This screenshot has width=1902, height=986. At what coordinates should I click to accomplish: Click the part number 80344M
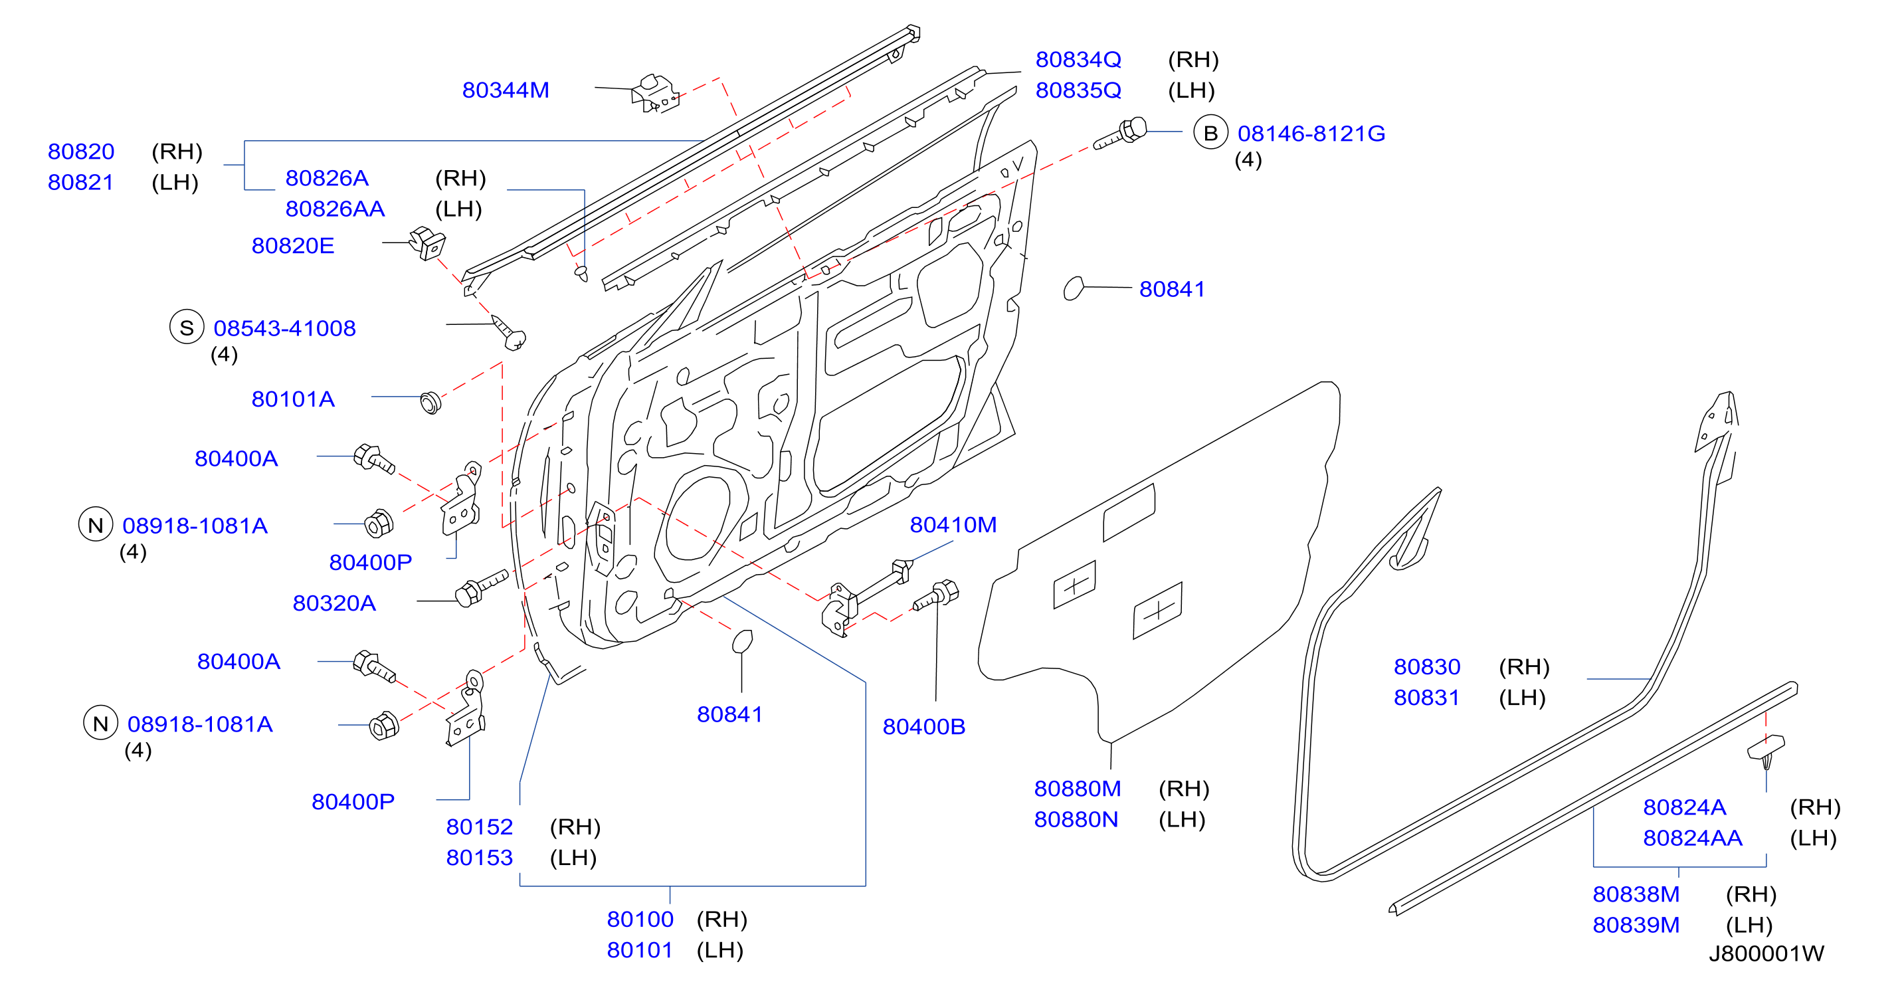pos(506,90)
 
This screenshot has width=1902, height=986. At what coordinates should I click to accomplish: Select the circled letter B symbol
pos(1210,133)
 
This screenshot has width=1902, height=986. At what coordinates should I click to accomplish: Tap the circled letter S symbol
pos(187,327)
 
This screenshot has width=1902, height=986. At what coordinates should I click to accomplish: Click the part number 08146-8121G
pos(1311,134)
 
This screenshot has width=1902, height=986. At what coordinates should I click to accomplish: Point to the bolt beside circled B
pos(1120,134)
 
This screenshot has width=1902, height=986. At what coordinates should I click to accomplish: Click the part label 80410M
pos(953,524)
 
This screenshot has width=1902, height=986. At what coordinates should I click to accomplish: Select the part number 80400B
pos(923,727)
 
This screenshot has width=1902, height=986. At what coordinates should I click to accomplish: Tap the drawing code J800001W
pos(1766,953)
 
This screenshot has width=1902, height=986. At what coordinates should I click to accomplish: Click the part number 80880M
pos(1078,789)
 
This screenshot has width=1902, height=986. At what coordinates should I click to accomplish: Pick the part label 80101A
pos(293,399)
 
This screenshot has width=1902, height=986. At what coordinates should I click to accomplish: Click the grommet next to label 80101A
pos(430,403)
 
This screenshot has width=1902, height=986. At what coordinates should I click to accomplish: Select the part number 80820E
pos(293,245)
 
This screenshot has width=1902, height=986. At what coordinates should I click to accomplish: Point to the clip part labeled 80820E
pos(428,243)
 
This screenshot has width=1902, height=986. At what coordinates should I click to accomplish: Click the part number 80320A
pos(334,603)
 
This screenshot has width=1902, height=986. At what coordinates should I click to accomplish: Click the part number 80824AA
pos(1692,838)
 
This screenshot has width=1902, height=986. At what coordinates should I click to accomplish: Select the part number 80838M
pos(1636,894)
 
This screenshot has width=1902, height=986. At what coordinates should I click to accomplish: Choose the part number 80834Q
pos(1078,59)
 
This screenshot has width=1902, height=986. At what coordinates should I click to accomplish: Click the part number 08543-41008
pos(284,328)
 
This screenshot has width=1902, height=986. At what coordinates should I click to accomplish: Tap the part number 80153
pos(479,858)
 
